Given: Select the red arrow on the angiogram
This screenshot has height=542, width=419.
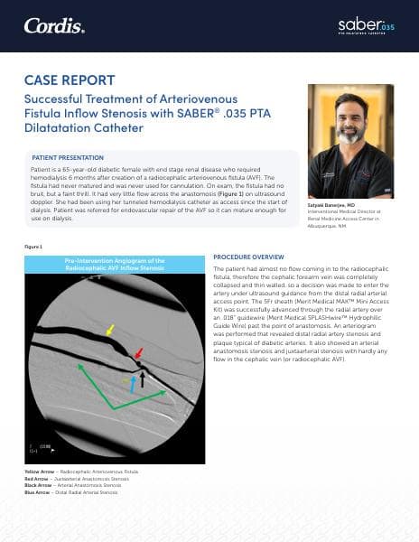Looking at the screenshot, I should pyautogui.click(x=137, y=353).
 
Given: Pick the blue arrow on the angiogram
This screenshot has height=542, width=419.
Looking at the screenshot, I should pyautogui.click(x=132, y=384).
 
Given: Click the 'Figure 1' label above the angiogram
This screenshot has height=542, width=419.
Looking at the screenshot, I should pyautogui.click(x=33, y=246).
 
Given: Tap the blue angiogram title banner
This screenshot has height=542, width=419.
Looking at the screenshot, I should pyautogui.click(x=113, y=264).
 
